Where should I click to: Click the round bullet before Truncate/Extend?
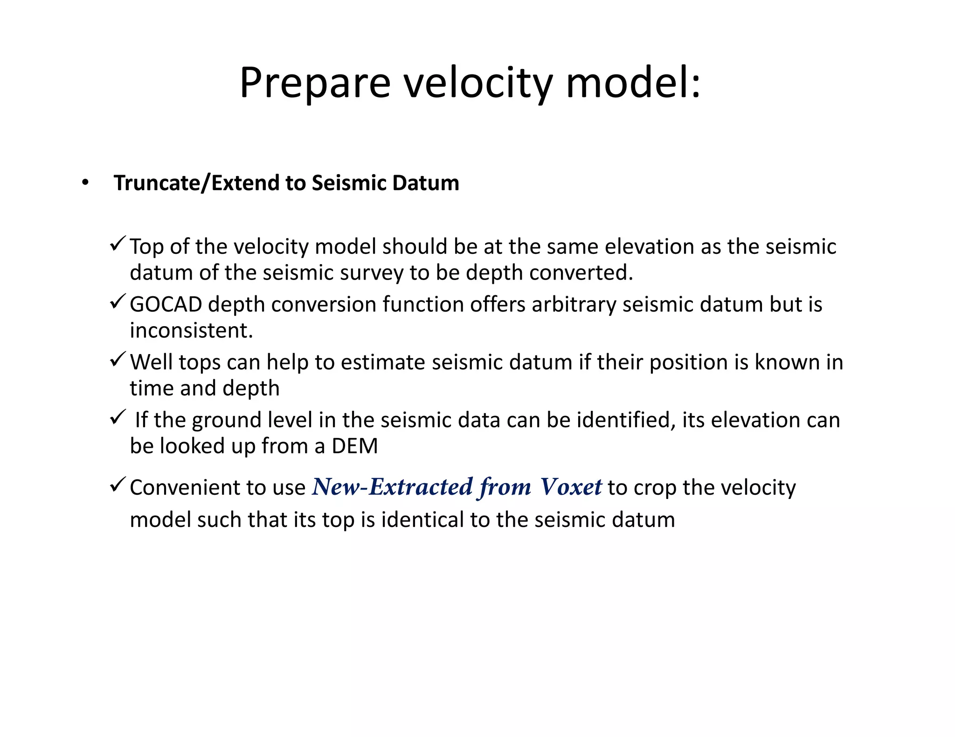tap(84, 183)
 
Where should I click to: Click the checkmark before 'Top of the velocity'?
tap(118, 244)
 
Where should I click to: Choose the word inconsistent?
tap(191, 331)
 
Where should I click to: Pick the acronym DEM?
tap(354, 446)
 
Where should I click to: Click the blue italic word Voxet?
tap(571, 487)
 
